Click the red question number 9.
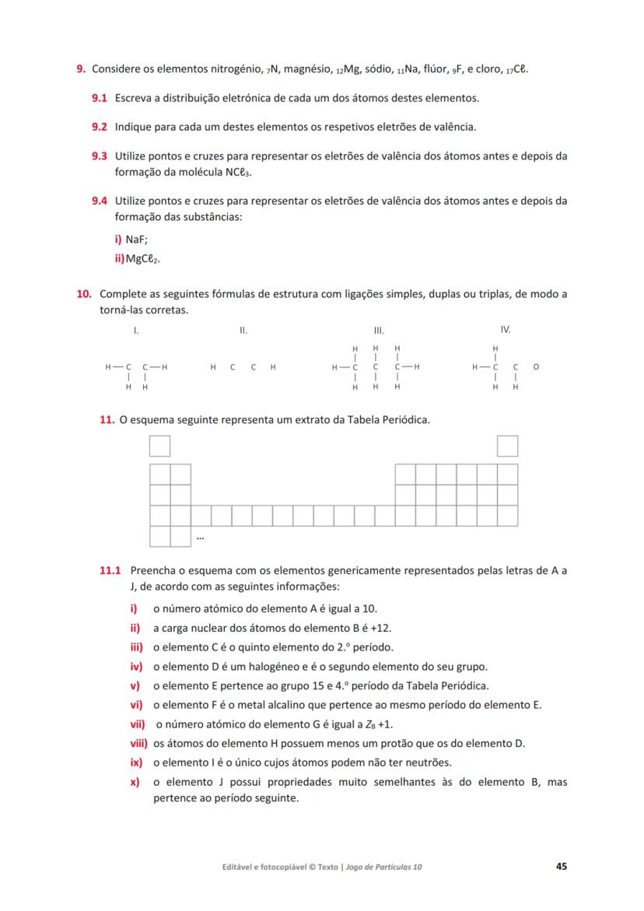click(x=80, y=69)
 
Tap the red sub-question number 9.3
click(x=99, y=156)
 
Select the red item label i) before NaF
click(x=119, y=241)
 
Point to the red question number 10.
click(x=84, y=294)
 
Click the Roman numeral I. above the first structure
click(x=136, y=331)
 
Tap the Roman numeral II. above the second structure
click(x=243, y=331)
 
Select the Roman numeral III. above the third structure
click(x=380, y=331)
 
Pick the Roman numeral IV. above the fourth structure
click(x=506, y=330)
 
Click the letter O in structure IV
click(x=537, y=366)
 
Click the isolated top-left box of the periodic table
click(x=159, y=446)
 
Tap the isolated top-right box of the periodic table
click(x=508, y=446)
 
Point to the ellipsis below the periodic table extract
click(x=200, y=537)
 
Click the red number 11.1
click(x=110, y=570)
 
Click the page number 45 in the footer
click(x=561, y=867)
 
